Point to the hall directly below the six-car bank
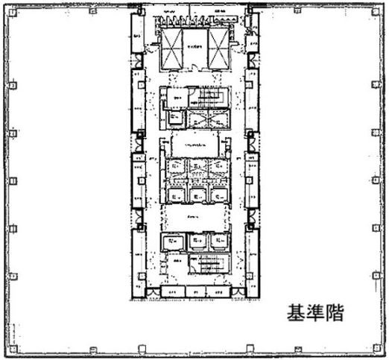tap(195, 218)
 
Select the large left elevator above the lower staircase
tap(173, 241)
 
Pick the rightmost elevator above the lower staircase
tap(218, 241)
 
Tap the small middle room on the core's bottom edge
tap(195, 291)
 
